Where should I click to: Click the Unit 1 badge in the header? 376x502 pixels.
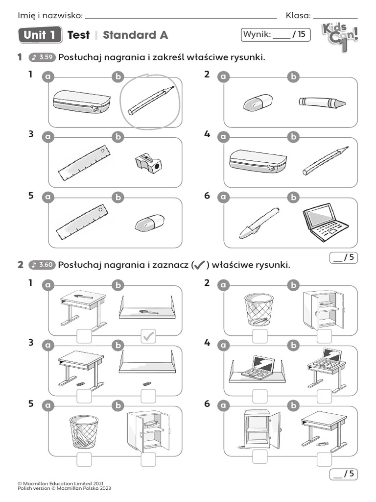(40, 35)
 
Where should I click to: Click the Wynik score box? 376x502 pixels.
(276, 34)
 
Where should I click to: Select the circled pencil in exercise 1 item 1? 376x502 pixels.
(151, 100)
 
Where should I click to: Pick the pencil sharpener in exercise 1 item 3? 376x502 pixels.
(149, 164)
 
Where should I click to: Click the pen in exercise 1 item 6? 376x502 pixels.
(258, 223)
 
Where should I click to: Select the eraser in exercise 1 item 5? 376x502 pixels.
(149, 224)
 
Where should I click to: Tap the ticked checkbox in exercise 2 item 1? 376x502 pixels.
(148, 336)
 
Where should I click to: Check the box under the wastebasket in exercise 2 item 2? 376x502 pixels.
(259, 336)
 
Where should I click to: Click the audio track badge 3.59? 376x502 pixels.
(42, 58)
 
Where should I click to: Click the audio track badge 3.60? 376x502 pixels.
(42, 265)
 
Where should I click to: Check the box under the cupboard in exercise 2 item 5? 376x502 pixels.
(148, 459)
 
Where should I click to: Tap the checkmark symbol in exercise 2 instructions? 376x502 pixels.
(199, 265)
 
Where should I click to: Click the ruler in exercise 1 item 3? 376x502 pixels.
(84, 163)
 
